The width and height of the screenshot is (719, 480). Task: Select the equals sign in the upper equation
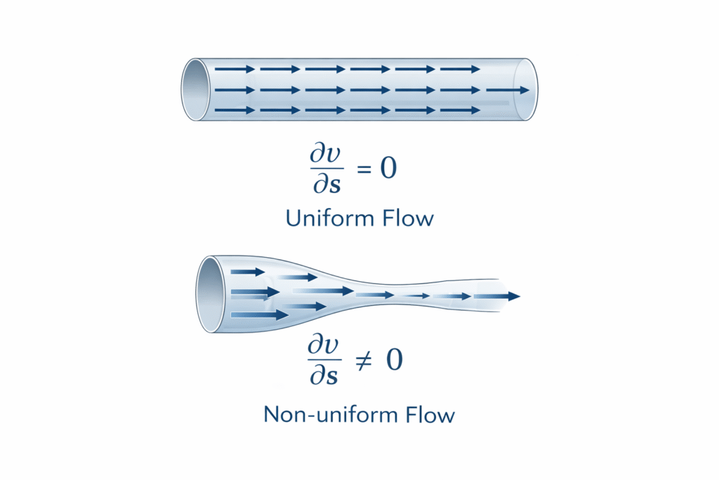(362, 169)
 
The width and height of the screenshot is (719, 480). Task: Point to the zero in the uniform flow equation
(388, 169)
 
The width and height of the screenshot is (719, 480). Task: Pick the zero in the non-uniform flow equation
(395, 361)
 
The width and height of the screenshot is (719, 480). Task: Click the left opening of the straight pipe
(196, 90)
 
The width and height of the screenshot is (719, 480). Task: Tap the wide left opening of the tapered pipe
(211, 294)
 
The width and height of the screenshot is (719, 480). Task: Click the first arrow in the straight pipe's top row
(235, 70)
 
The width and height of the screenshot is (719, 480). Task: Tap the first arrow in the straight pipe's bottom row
(235, 110)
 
